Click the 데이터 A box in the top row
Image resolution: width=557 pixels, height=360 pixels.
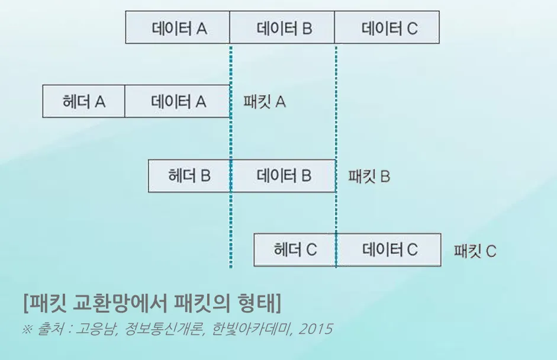(178, 28)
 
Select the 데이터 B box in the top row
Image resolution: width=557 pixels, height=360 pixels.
(282, 28)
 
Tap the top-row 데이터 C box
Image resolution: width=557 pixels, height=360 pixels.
(387, 28)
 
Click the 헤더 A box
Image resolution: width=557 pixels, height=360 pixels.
(83, 101)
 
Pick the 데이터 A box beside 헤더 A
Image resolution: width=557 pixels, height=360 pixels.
(177, 101)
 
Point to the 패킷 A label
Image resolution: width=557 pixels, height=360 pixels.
(265, 102)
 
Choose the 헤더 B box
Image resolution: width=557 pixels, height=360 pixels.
(189, 176)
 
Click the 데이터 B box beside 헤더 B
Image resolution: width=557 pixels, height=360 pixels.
(283, 176)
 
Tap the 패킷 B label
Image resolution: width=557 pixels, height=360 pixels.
(369, 176)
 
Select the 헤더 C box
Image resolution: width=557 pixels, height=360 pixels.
(295, 250)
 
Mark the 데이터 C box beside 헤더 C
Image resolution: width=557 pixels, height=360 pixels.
(388, 250)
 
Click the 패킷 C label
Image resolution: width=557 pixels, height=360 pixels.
(475, 251)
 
